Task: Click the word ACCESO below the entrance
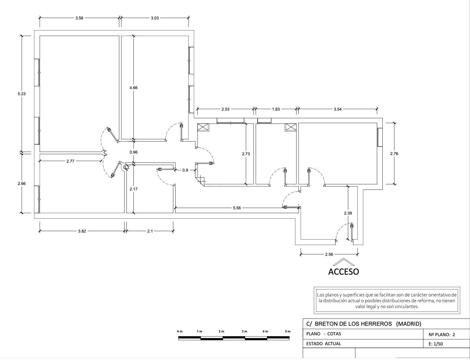(x=344, y=272)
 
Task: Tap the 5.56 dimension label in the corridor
(x=237, y=208)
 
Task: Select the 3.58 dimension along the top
(x=79, y=18)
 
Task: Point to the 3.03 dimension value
(x=155, y=18)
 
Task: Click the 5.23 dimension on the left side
(x=22, y=94)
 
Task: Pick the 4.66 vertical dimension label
(x=133, y=88)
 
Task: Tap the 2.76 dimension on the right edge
(x=394, y=153)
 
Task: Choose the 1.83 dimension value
(x=276, y=109)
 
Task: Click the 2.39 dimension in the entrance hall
(x=348, y=213)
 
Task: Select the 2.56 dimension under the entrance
(x=329, y=254)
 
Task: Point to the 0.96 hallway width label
(x=133, y=152)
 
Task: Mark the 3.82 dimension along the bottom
(x=82, y=231)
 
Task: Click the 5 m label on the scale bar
(x=288, y=331)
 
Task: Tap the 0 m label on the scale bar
(x=180, y=331)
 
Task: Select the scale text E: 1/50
(x=436, y=344)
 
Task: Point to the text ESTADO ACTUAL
(x=323, y=343)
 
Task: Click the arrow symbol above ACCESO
(x=344, y=262)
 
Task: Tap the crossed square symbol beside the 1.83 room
(x=291, y=127)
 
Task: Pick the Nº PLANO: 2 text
(x=442, y=334)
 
